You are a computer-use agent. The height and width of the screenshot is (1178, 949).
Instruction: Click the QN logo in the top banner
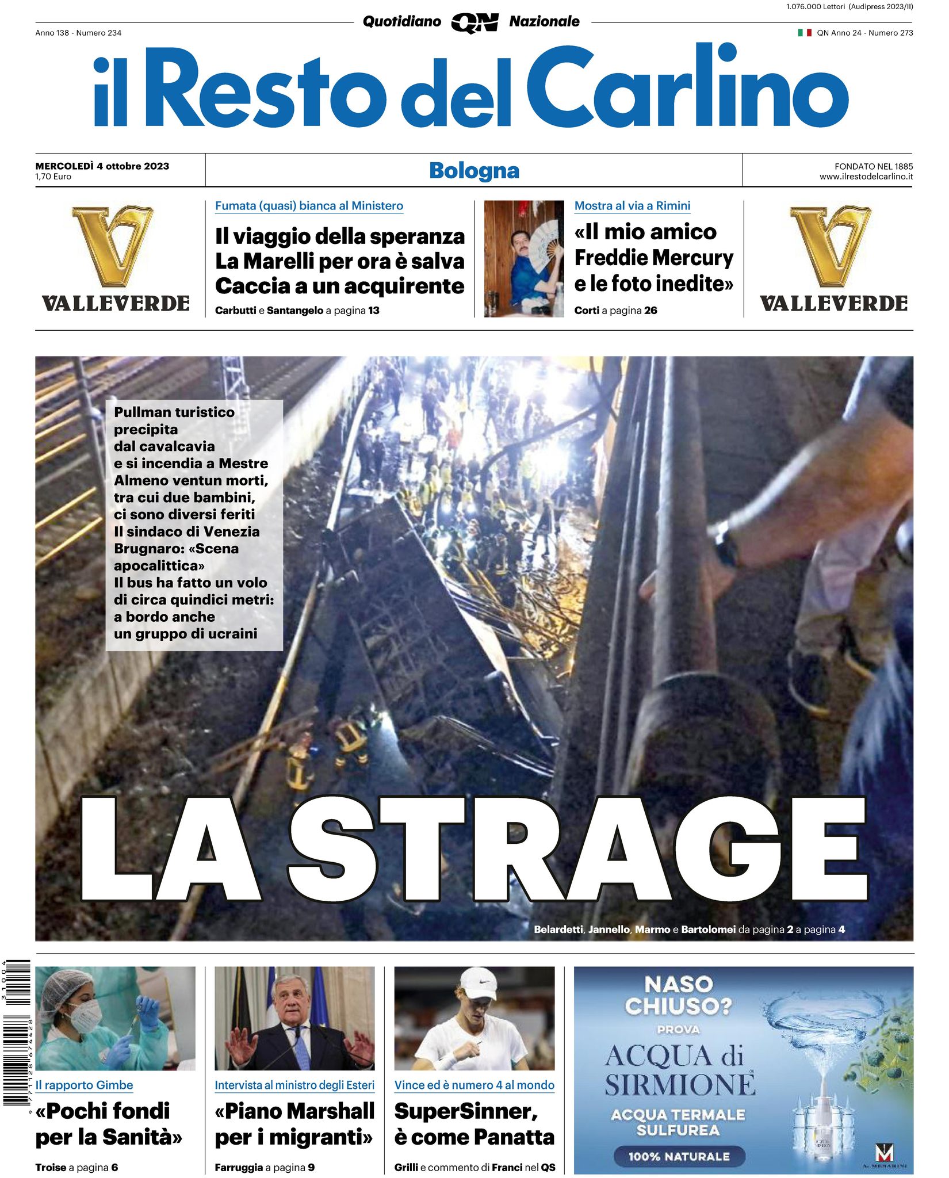475,23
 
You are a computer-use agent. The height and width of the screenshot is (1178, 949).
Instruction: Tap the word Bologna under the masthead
474,171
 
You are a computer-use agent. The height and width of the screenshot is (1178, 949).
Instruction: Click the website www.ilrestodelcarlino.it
866,177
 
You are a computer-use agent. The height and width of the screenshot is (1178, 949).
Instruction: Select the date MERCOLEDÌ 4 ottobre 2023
102,166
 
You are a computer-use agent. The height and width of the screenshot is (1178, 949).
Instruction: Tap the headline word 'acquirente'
403,286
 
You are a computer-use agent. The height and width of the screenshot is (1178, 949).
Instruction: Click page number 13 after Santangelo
374,311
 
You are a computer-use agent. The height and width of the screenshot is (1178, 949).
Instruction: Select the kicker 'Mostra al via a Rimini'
632,206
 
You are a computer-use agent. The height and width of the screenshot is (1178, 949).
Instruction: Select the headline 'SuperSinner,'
465,1111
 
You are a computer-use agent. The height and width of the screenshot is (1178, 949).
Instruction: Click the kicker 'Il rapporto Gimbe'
84,1085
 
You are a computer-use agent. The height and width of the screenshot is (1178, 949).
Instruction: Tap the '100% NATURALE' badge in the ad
679,1157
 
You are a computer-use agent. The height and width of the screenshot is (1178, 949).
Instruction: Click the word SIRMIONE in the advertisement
679,1085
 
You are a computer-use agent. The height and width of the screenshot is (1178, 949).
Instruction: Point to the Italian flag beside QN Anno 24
804,33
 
